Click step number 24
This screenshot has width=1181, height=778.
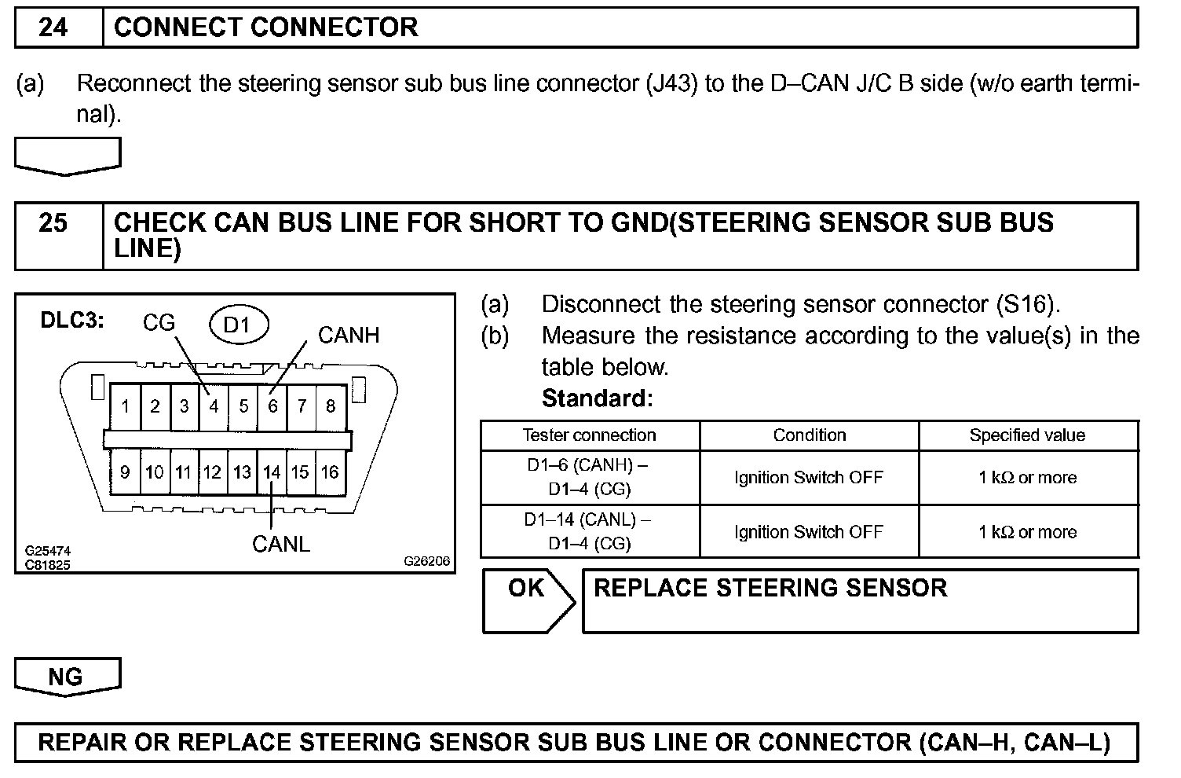pyautogui.click(x=53, y=28)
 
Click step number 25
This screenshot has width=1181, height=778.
pyautogui.click(x=53, y=223)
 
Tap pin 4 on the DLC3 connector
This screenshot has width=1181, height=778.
pyautogui.click(x=213, y=406)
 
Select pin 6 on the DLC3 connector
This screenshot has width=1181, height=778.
pyautogui.click(x=272, y=406)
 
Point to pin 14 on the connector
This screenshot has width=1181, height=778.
pyautogui.click(x=271, y=472)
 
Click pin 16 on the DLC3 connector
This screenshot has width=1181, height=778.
pyautogui.click(x=330, y=472)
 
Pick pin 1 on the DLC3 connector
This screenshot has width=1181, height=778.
pyautogui.click(x=125, y=406)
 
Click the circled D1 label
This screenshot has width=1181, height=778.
pyautogui.click(x=238, y=325)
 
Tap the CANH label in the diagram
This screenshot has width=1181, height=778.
pyautogui.click(x=348, y=336)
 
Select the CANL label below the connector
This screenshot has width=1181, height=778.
pyautogui.click(x=280, y=544)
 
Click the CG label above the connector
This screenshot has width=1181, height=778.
pyautogui.click(x=159, y=323)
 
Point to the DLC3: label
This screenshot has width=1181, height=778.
pyautogui.click(x=72, y=321)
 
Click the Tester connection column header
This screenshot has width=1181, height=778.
pyautogui.click(x=589, y=435)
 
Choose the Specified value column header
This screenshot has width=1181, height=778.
pyautogui.click(x=1027, y=435)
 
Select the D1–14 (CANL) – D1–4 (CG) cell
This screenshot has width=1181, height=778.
pyautogui.click(x=589, y=531)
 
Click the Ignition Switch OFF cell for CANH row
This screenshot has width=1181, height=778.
pyautogui.click(x=809, y=477)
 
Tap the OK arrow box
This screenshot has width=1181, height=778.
pyautogui.click(x=528, y=600)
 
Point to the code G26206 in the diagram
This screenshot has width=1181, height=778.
pyautogui.click(x=426, y=561)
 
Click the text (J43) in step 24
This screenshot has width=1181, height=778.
pyautogui.click(x=671, y=83)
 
